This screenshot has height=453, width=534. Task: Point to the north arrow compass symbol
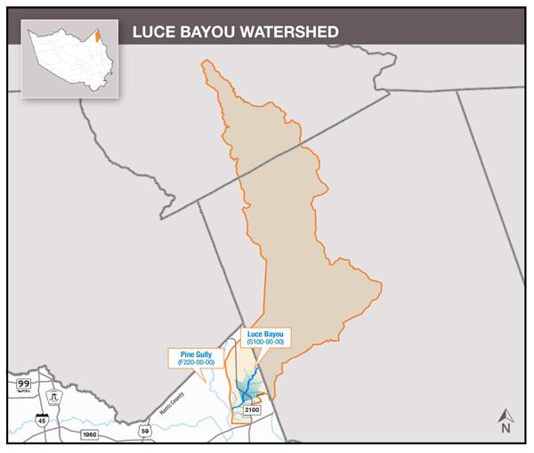(x=505, y=415)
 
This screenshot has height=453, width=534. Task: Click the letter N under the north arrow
(x=505, y=429)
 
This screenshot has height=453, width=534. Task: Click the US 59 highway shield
(x=144, y=431)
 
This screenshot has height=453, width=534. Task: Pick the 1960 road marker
(x=88, y=433)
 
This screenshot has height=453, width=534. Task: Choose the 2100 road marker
(x=251, y=409)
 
